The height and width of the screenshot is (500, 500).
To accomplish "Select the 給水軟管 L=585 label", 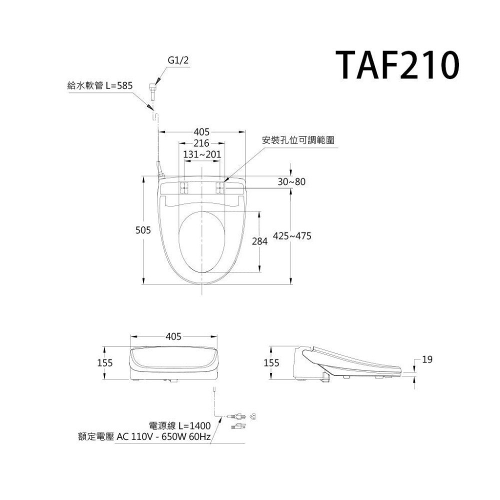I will [x=100, y=85].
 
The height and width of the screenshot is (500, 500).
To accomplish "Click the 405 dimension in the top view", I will [x=201, y=132].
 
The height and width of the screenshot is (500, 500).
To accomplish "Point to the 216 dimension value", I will [x=201, y=143].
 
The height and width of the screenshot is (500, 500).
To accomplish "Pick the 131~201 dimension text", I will [x=202, y=154].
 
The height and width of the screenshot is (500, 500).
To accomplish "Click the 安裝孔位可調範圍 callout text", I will [x=298, y=140].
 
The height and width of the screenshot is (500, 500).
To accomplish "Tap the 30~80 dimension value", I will [x=291, y=182].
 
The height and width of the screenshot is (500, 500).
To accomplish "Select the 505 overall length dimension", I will [x=144, y=230].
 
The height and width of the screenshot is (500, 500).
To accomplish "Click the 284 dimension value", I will [x=260, y=241].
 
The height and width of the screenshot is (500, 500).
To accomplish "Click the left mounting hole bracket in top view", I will [x=184, y=188].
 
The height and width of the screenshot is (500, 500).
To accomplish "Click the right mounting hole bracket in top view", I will [x=220, y=188].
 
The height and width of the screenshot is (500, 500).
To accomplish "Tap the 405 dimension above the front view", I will [x=173, y=336].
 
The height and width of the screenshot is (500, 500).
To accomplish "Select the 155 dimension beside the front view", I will [x=104, y=362].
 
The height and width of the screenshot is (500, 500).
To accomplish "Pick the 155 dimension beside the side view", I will [x=270, y=362].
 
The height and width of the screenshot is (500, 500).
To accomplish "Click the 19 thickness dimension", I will [x=426, y=359].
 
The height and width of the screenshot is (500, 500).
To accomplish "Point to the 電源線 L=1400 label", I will [x=180, y=425].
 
